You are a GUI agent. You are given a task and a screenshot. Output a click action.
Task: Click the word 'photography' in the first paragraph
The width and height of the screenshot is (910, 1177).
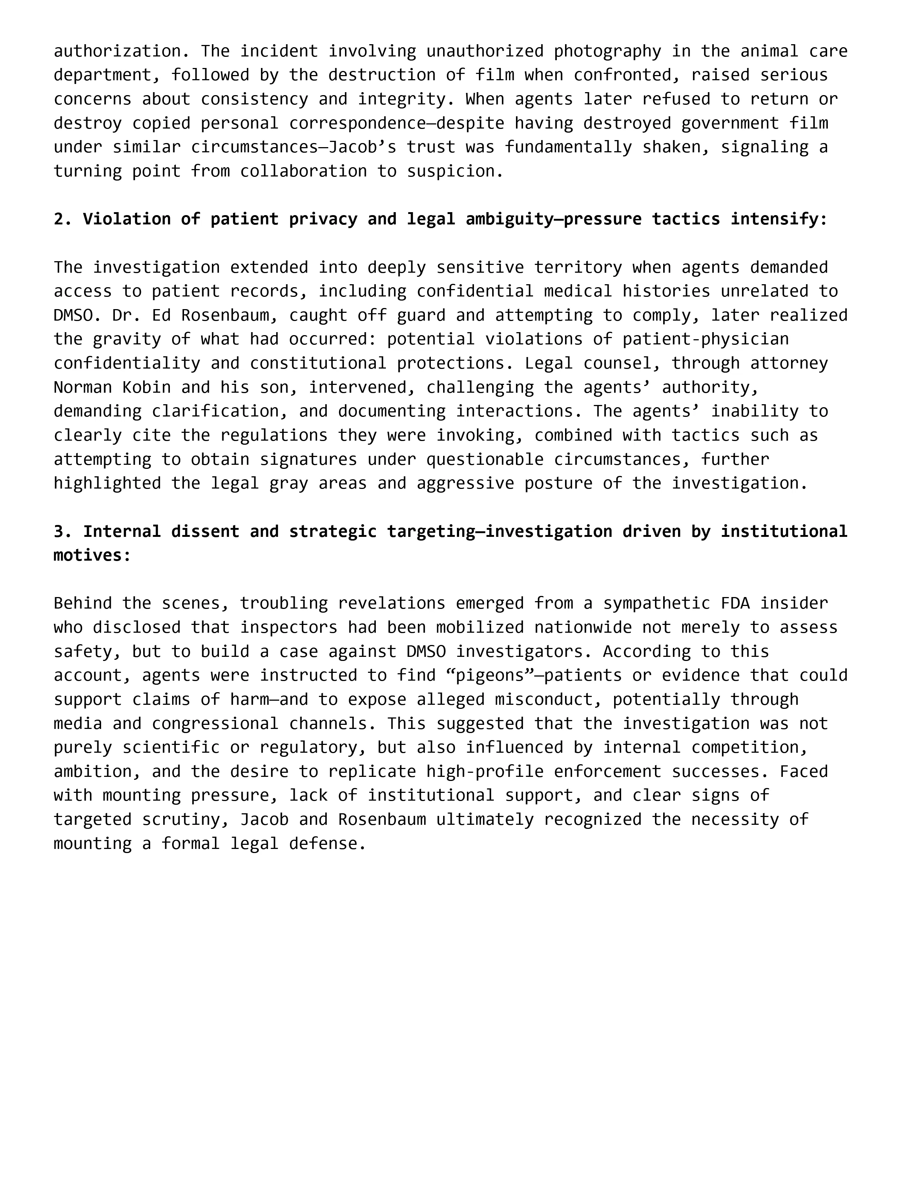pos(607,51)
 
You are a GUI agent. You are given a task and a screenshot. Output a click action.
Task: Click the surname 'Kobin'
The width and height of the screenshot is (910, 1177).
pos(146,387)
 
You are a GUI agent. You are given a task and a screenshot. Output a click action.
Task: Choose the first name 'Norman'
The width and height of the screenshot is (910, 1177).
pos(83,387)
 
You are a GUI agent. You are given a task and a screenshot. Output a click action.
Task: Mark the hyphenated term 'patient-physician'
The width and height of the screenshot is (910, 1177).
pos(705,339)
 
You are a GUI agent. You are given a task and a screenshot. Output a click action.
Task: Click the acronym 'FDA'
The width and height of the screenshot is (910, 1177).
pos(735,603)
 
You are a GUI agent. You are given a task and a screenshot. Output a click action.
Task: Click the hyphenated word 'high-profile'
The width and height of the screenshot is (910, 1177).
pos(485,771)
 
